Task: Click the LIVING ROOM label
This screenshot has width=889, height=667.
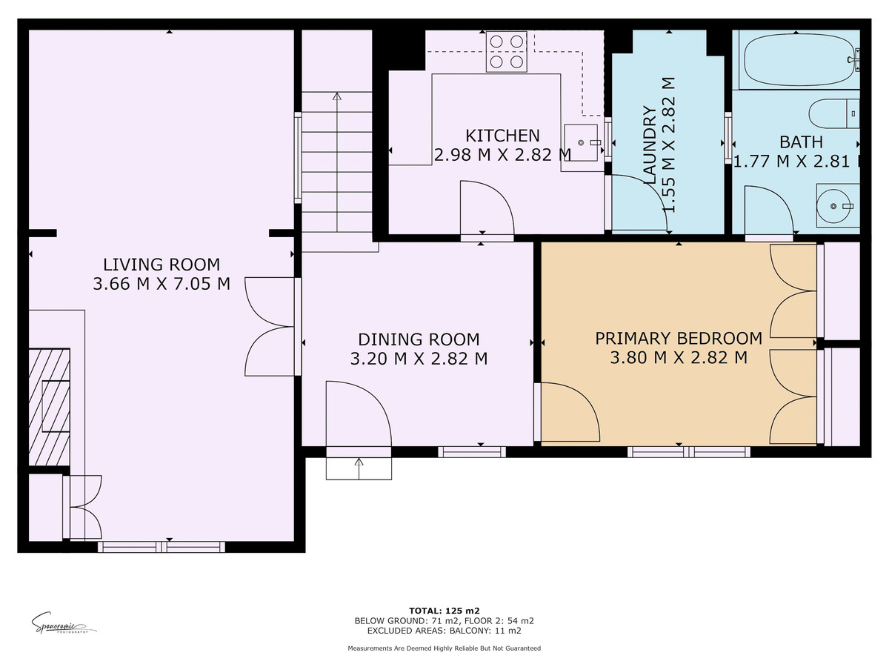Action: click(161, 264)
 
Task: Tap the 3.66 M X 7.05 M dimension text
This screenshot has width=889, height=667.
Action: click(161, 283)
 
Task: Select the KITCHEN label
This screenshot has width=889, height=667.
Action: click(502, 136)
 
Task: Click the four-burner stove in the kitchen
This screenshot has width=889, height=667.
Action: click(506, 52)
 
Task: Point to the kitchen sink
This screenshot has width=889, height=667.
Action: click(582, 142)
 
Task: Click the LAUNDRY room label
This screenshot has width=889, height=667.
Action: click(650, 145)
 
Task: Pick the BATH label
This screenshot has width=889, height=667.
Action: click(801, 142)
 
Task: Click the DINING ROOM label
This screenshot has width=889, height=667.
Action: click(419, 339)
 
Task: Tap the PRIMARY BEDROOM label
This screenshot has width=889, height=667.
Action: click(679, 338)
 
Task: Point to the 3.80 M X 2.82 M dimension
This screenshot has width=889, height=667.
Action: click(679, 358)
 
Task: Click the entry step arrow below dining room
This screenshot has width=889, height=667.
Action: click(359, 466)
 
